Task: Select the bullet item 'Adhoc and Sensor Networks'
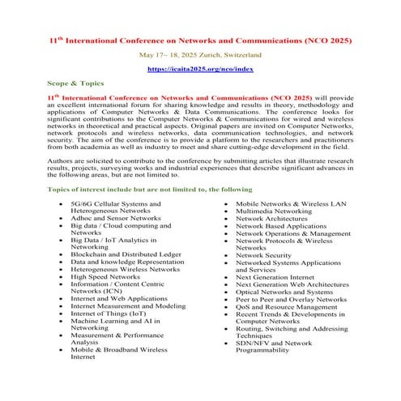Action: click(x=116, y=218)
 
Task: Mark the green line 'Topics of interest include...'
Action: click(x=144, y=189)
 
